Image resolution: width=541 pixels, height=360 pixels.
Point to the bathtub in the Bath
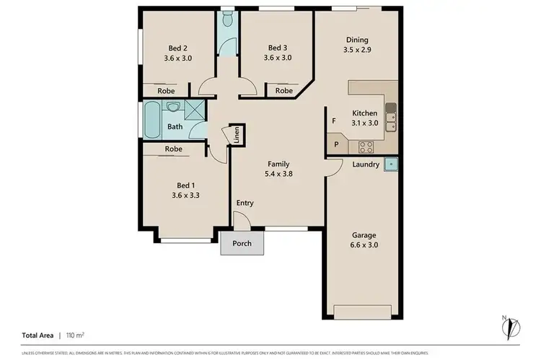tap(152, 120)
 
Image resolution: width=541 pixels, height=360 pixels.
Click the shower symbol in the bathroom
tap(195, 110)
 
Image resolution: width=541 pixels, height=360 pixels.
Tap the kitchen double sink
tap(390, 118)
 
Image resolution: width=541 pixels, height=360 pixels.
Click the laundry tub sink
tap(390, 164)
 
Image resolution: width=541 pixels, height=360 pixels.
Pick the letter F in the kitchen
tap(333, 121)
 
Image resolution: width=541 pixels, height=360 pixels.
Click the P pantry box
tap(335, 145)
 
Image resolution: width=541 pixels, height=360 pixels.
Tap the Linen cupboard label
tap(235, 136)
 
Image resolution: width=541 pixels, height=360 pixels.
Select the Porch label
tap(242, 243)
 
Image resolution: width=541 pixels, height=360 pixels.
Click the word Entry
tap(245, 203)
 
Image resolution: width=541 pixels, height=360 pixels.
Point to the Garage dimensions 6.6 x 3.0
tap(364, 245)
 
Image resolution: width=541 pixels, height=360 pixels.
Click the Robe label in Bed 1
tap(172, 149)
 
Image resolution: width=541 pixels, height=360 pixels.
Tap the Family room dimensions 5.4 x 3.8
tap(278, 173)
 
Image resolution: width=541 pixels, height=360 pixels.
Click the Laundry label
tap(366, 164)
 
